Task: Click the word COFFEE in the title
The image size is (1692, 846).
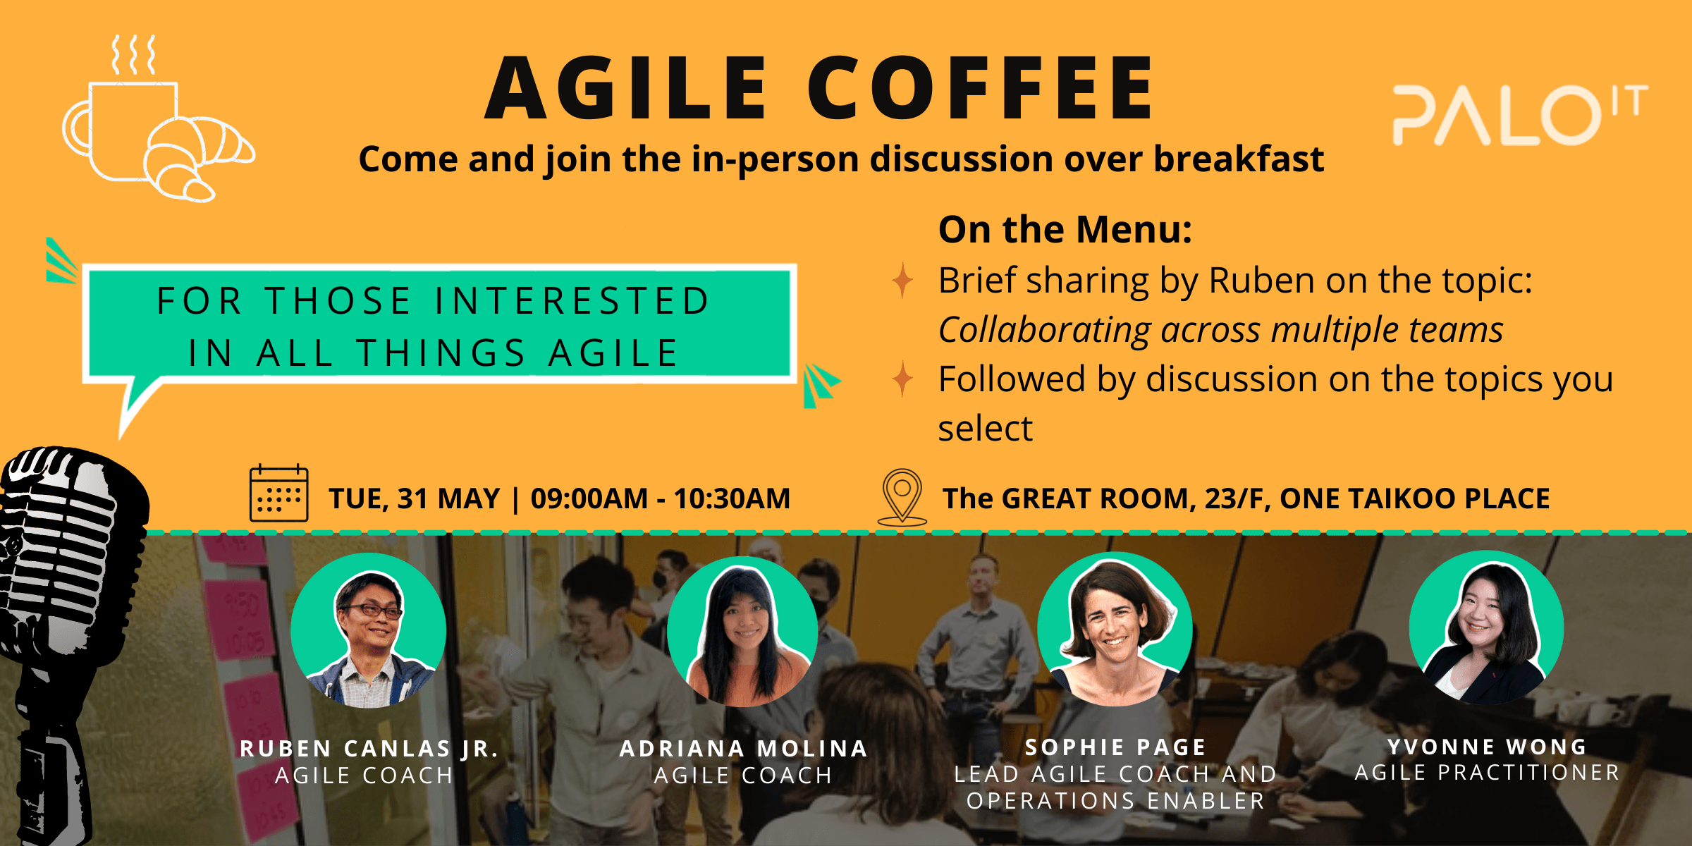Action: pos(980,88)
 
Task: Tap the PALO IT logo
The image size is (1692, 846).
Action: pos(1520,115)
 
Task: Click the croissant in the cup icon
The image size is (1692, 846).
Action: pos(197,158)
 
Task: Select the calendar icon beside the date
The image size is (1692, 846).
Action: pos(279,493)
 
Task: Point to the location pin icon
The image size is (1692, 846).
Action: pos(902,497)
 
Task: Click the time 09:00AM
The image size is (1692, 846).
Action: pos(589,498)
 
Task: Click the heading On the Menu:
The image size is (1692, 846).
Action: pos(1065,230)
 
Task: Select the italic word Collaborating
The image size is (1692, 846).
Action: pos(1044,330)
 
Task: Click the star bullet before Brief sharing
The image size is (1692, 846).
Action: pos(902,280)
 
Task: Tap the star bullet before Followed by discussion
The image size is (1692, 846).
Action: pos(902,379)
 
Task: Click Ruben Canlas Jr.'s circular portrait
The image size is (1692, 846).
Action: pos(369,630)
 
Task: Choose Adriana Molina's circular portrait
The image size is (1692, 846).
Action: pos(742,632)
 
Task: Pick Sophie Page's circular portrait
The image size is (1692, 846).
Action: pos(1115,629)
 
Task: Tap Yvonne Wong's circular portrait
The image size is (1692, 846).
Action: pos(1486,627)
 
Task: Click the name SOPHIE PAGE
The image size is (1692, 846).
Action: pos(1115,747)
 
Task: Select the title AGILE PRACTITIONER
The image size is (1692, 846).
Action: pos(1487,773)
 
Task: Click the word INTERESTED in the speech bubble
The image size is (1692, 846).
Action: pos(572,301)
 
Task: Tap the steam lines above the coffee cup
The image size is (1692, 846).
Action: pos(134,55)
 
